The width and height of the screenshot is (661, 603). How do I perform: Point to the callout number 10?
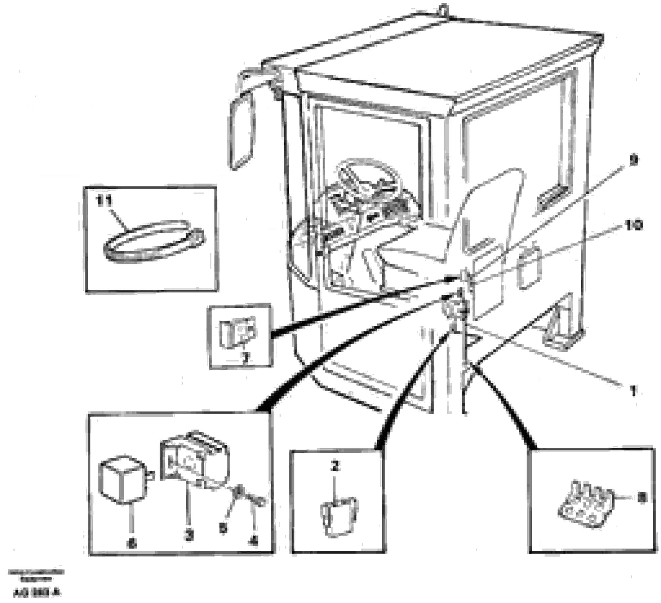pos(633,225)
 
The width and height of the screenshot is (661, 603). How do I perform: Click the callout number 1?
pos(633,391)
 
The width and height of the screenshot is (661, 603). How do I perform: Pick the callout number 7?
pos(246,358)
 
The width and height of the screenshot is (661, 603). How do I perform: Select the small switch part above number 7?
pos(237,333)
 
